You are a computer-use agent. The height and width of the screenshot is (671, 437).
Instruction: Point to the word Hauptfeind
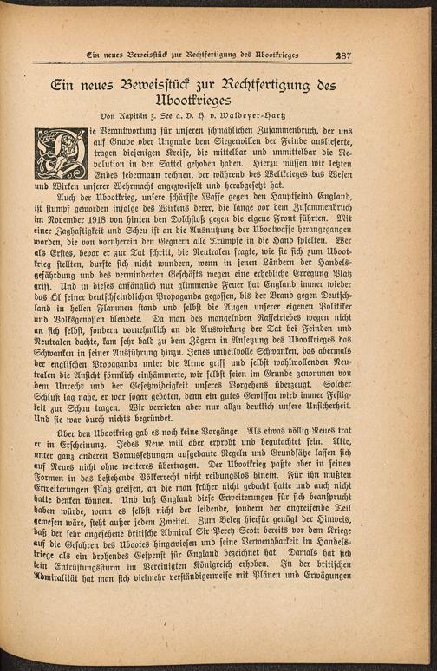325,221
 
